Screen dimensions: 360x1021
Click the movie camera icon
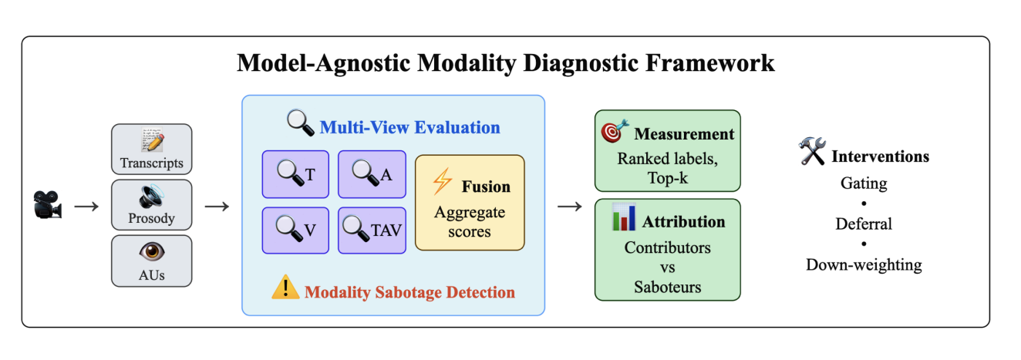tap(46, 206)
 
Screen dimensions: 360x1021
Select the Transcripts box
tap(151, 150)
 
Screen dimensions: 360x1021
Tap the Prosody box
tap(151, 205)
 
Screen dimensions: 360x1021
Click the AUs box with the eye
tap(151, 261)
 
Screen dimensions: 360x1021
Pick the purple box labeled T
tap(295, 174)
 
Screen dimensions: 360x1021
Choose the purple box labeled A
tap(372, 174)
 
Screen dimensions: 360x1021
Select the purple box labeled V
tap(295, 230)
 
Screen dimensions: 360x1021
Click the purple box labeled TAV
tap(372, 230)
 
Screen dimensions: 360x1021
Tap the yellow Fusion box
tap(469, 202)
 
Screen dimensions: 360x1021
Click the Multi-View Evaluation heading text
tap(409, 127)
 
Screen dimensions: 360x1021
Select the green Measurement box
tap(667, 150)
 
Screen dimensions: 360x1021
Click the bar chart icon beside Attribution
tap(623, 218)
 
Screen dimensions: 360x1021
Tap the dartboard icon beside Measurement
tap(615, 131)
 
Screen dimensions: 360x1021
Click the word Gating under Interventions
tap(863, 183)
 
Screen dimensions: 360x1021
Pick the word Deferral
tap(863, 224)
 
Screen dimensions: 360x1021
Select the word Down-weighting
tap(863, 264)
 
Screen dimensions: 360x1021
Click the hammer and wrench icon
tap(812, 153)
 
